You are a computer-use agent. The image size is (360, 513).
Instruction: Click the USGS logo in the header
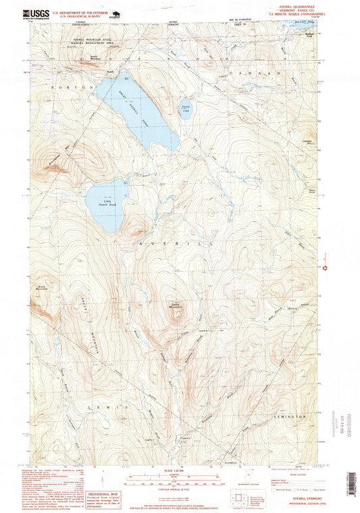pyautogui.click(x=36, y=13)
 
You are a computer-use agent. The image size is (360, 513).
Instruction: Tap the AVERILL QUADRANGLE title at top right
pyautogui.click(x=294, y=5)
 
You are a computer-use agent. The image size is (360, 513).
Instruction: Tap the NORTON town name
pyautogui.click(x=70, y=87)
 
